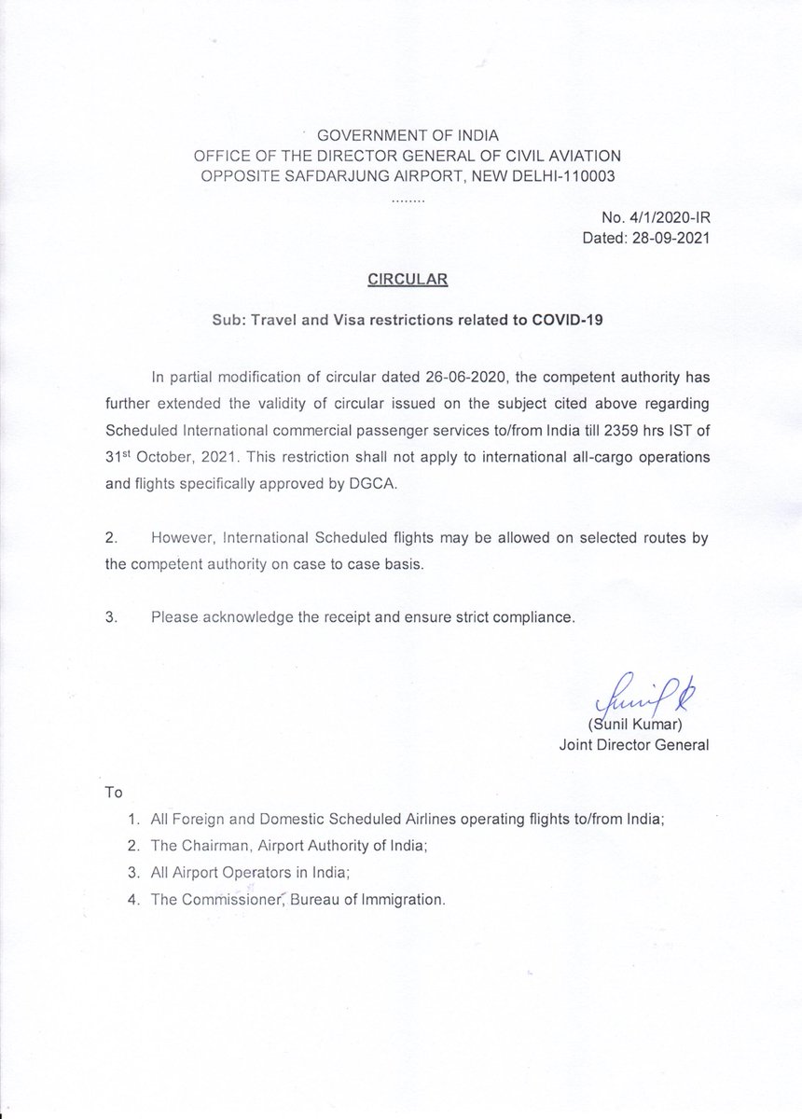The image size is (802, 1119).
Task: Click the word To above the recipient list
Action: [x=114, y=793]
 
